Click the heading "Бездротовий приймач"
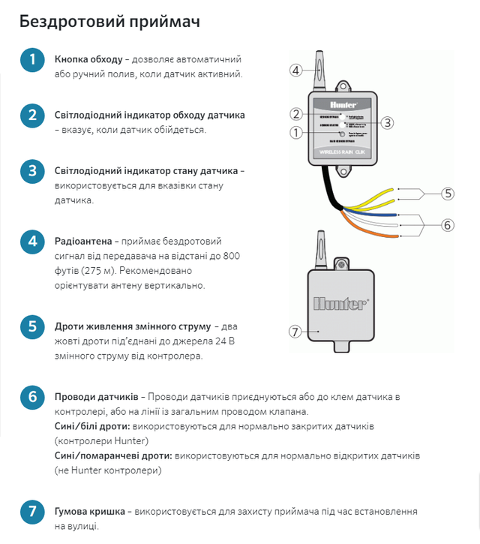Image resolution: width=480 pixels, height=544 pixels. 109,20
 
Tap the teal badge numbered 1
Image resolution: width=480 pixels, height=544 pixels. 32,59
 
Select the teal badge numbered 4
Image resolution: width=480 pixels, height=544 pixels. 32,242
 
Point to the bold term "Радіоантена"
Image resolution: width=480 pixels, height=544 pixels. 83,242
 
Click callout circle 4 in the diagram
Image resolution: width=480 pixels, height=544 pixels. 295,71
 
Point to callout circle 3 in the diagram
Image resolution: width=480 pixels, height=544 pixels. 387,122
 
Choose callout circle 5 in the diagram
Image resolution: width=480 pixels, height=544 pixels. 448,193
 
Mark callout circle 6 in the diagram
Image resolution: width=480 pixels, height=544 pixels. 448,224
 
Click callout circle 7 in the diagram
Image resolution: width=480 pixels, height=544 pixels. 295,330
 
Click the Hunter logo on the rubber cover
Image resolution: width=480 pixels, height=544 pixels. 340,305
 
